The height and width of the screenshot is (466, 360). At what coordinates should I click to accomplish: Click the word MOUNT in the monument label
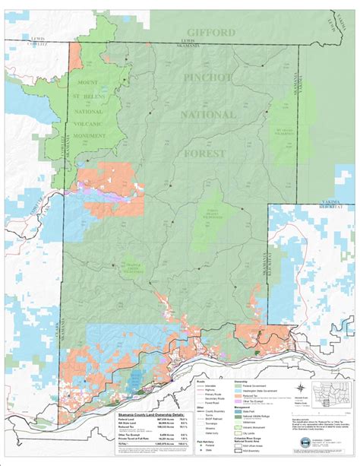coord(90,81)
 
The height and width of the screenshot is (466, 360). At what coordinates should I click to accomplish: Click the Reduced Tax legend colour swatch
coord(236,395)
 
